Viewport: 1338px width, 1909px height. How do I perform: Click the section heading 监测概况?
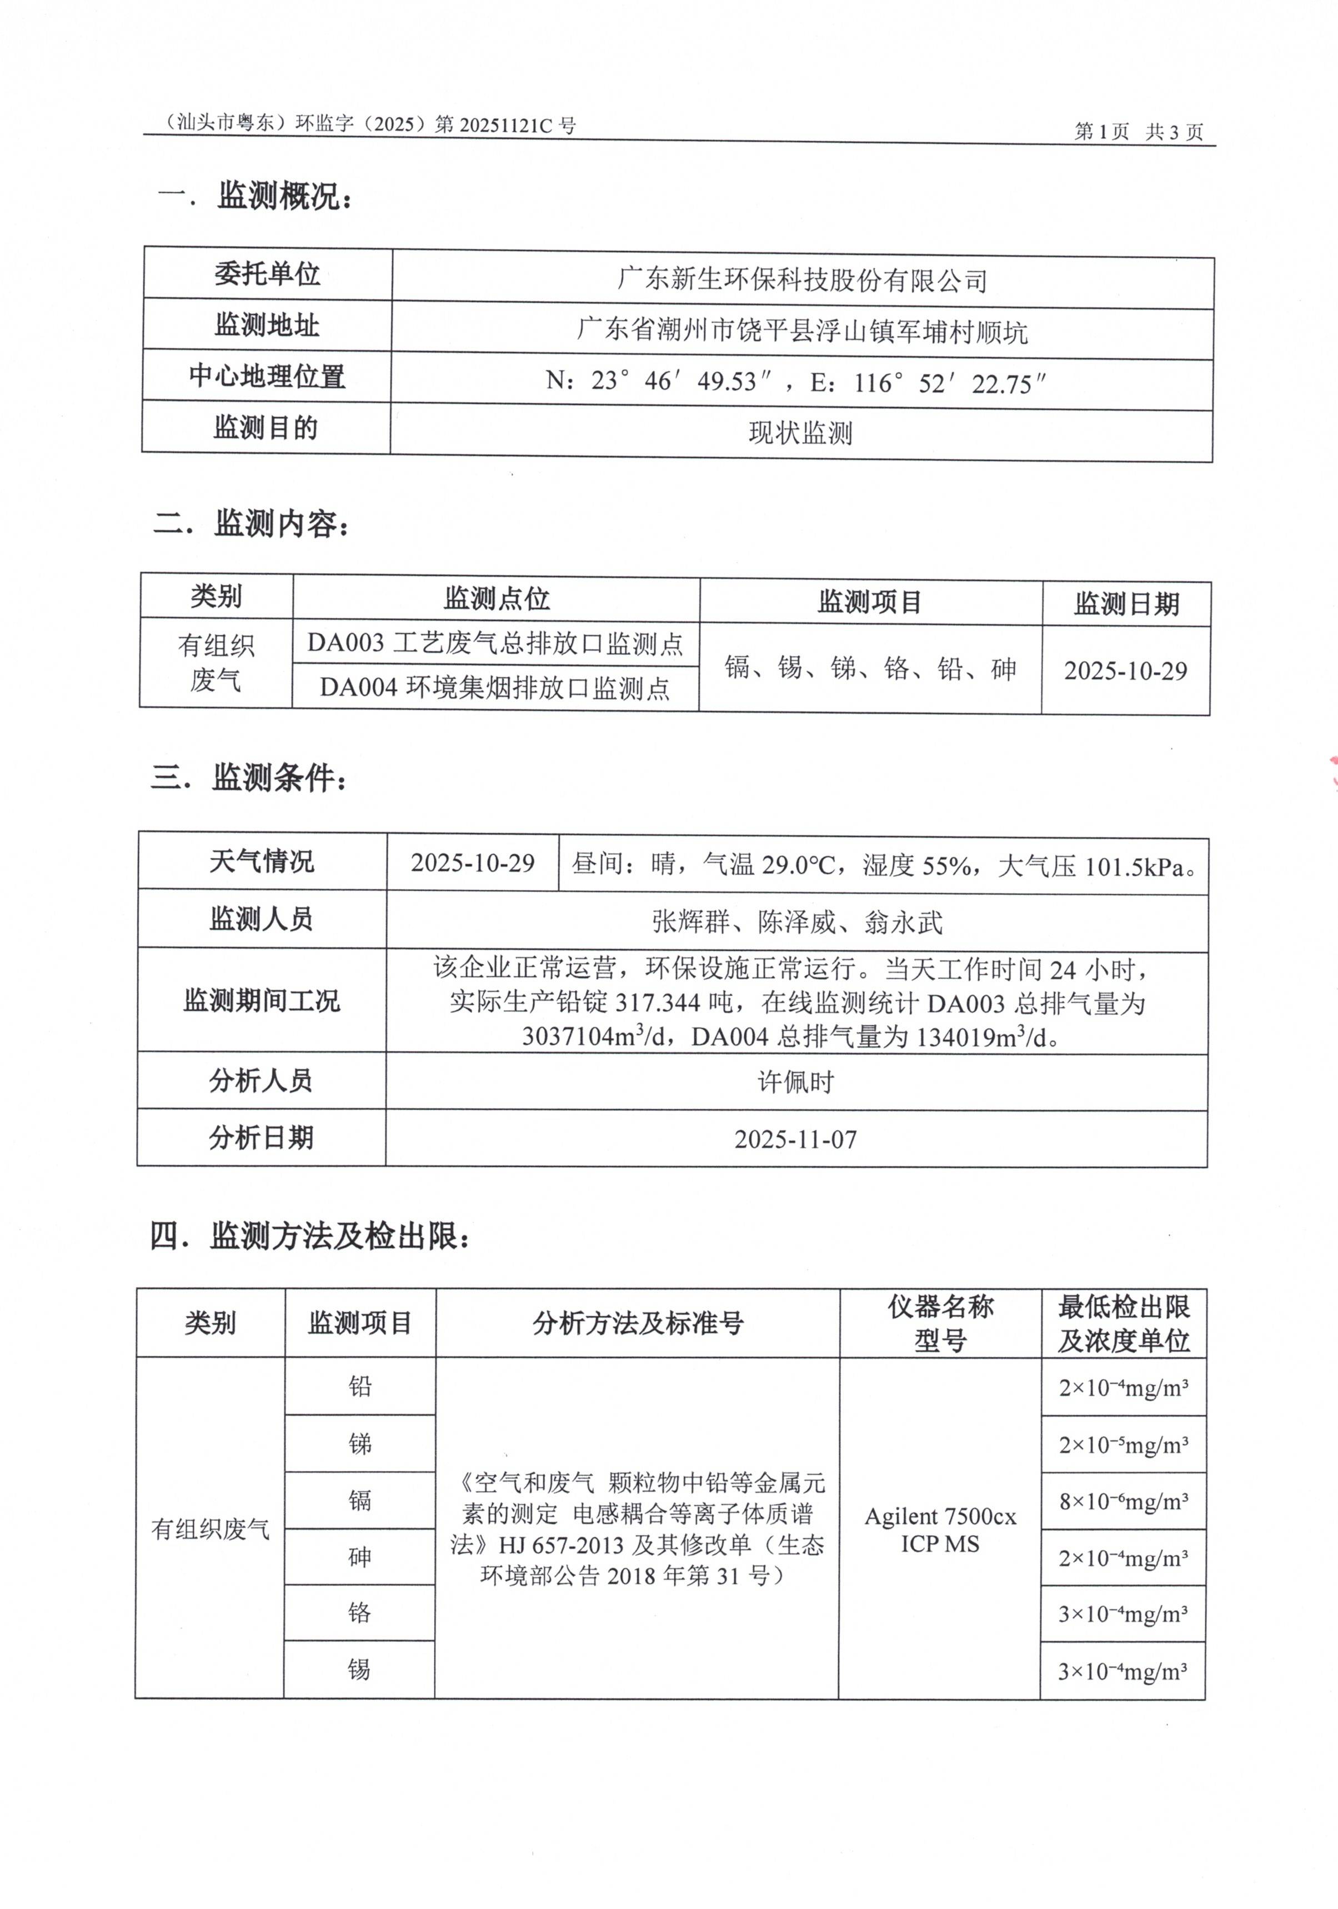point(283,196)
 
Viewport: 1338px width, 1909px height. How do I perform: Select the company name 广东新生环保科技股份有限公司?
point(801,280)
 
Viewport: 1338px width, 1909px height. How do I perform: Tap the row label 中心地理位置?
point(266,376)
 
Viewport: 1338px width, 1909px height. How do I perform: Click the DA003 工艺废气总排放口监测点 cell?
point(495,643)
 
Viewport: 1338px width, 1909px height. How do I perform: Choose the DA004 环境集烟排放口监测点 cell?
point(495,688)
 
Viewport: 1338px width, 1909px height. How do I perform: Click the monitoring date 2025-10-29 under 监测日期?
point(1125,671)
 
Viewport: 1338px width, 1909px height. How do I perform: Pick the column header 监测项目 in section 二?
point(870,601)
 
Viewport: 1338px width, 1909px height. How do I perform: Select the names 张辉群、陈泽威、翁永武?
point(796,921)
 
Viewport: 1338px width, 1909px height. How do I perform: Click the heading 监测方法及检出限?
point(339,1236)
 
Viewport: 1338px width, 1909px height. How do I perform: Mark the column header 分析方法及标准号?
point(637,1323)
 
